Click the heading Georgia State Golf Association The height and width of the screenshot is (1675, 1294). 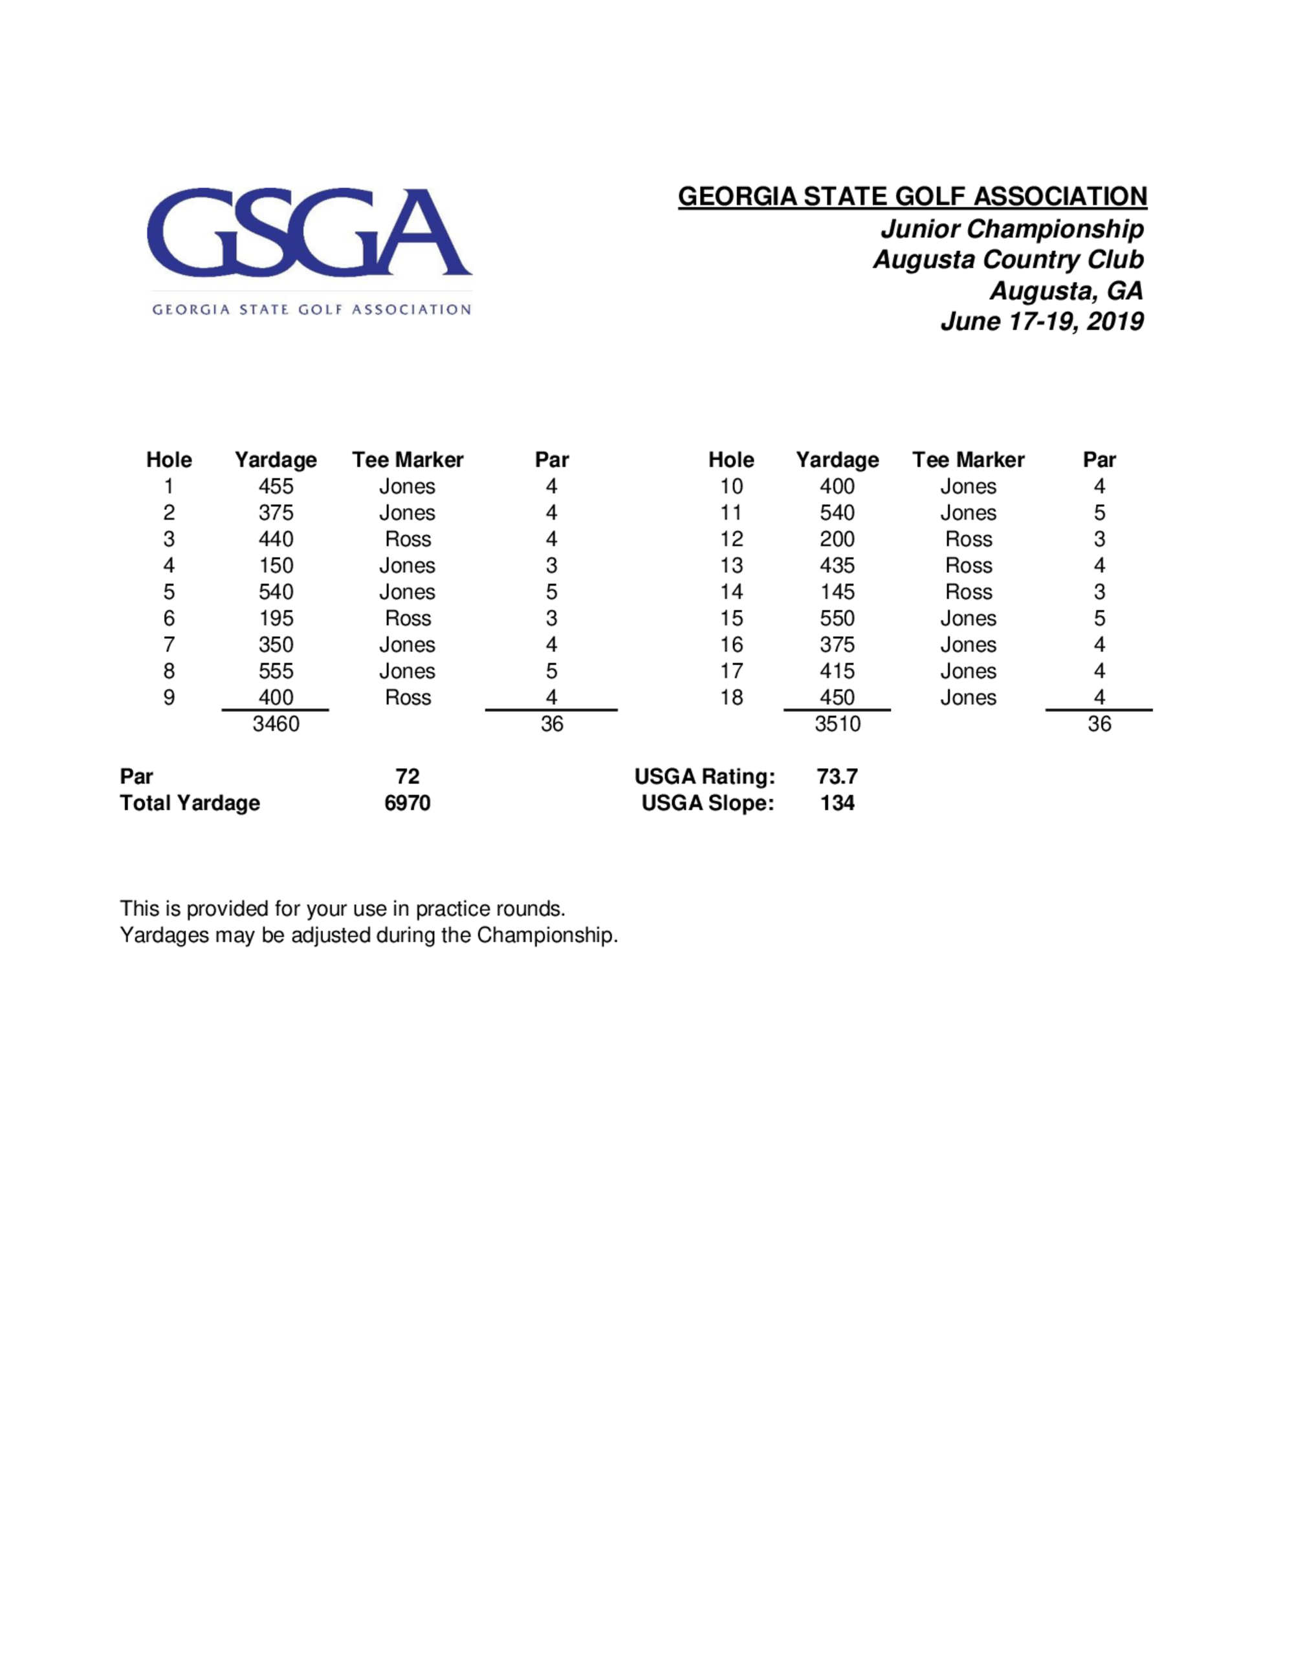point(912,196)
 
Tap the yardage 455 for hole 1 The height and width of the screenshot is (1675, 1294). point(276,486)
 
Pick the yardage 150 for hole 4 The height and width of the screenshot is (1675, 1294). point(276,565)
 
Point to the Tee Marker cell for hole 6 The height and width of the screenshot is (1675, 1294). point(408,618)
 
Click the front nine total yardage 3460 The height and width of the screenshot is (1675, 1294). point(276,724)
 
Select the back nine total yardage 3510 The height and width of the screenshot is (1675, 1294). point(837,724)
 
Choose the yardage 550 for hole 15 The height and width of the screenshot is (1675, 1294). point(837,618)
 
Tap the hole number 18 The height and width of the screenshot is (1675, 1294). point(731,697)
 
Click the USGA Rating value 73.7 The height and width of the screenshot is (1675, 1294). point(837,776)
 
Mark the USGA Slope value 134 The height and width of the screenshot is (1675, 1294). point(837,803)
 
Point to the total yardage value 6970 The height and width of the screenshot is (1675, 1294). point(408,803)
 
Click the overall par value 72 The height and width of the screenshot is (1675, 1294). point(408,776)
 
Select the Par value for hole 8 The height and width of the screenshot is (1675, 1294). point(551,671)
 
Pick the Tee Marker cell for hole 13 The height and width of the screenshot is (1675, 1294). point(968,565)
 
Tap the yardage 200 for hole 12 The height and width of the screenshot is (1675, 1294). point(837,539)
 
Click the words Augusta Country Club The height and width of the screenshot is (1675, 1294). point(1008,260)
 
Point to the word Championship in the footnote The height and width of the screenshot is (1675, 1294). point(547,935)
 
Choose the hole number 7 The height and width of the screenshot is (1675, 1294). point(169,644)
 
